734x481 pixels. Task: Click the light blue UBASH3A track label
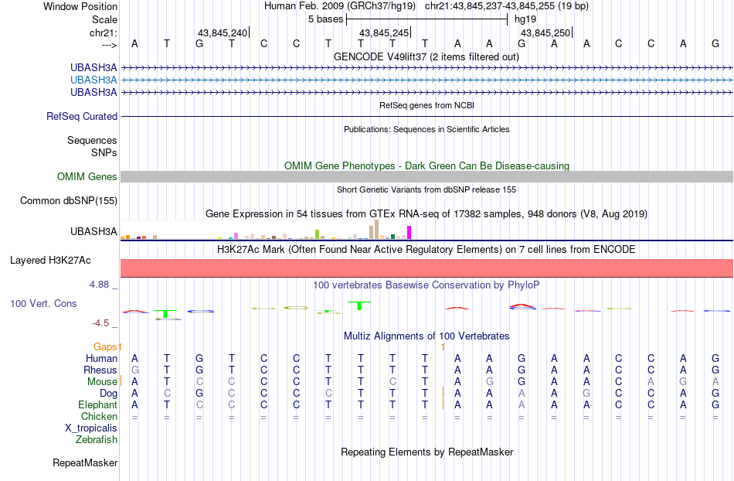(x=93, y=80)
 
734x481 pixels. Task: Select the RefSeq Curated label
(x=82, y=116)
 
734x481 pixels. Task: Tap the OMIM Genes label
(x=87, y=176)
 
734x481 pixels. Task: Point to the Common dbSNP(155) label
(x=69, y=200)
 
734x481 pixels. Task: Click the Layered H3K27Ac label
(x=50, y=260)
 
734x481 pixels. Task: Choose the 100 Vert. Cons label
(x=43, y=303)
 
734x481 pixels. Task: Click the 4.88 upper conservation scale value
(x=99, y=285)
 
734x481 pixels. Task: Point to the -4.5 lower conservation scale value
(x=100, y=323)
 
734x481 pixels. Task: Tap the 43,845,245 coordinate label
(x=384, y=32)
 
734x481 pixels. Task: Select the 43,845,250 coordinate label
(x=545, y=32)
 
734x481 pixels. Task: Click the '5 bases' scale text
(x=326, y=19)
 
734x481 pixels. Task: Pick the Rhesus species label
(x=100, y=370)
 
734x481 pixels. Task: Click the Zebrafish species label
(x=97, y=439)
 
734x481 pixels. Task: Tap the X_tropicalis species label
(x=91, y=428)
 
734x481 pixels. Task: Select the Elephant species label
(x=98, y=404)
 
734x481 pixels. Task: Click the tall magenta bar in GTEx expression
(x=409, y=233)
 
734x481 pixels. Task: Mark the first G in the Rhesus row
(x=134, y=370)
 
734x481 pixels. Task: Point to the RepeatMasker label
(x=85, y=462)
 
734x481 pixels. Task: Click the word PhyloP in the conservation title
(x=523, y=285)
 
